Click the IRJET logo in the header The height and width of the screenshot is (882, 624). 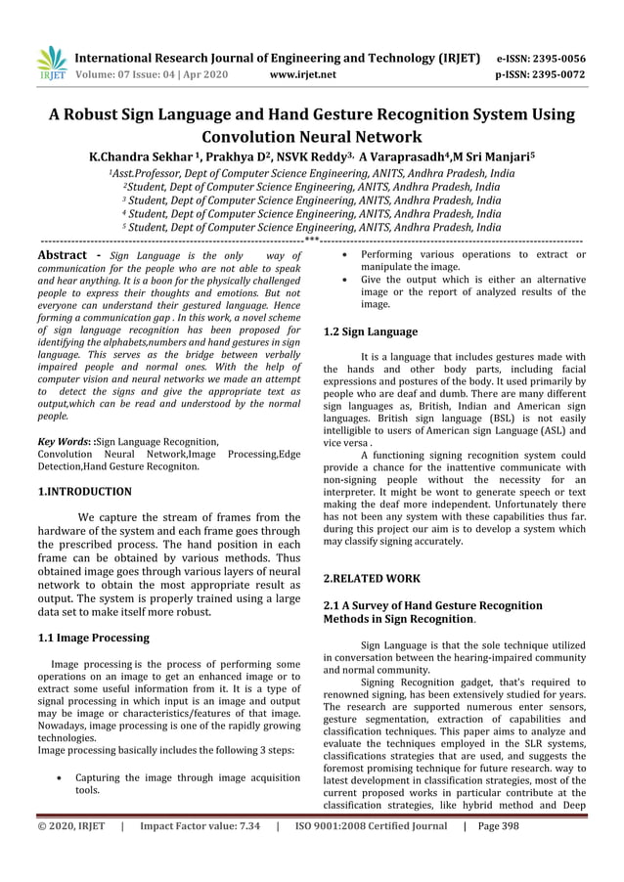(49, 64)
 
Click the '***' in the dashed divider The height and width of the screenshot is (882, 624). (312, 238)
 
